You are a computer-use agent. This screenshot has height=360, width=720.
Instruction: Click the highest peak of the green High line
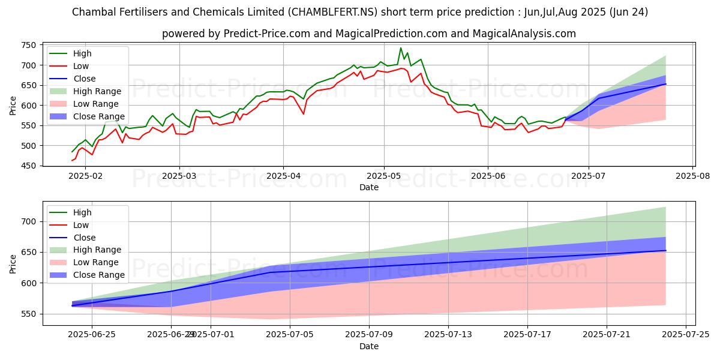coord(401,48)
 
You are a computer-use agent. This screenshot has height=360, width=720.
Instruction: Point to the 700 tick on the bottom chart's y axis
coord(28,221)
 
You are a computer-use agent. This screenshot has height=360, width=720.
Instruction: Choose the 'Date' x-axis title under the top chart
coord(368,187)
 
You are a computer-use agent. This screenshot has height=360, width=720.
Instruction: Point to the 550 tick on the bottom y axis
coord(28,314)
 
